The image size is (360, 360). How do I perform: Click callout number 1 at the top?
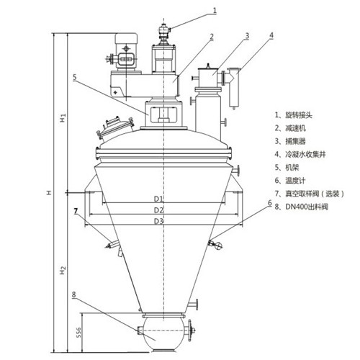[x=215, y=10]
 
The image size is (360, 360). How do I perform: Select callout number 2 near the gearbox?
[x=212, y=37]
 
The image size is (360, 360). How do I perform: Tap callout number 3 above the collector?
[x=247, y=36]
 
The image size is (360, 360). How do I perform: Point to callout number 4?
[x=271, y=35]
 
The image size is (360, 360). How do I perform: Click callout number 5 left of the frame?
[x=75, y=77]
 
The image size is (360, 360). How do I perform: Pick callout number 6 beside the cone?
[x=270, y=203]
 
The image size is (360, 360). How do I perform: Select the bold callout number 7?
[x=76, y=211]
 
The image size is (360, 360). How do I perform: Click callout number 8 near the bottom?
[x=74, y=294]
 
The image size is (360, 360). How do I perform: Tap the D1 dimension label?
[x=158, y=199]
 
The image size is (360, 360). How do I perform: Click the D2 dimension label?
[x=158, y=210]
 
